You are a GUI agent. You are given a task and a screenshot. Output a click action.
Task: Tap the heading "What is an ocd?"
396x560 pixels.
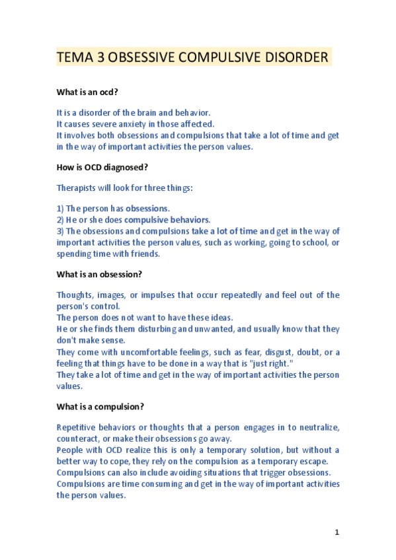click(x=87, y=92)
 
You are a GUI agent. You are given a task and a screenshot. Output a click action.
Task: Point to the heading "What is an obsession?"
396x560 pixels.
click(x=99, y=273)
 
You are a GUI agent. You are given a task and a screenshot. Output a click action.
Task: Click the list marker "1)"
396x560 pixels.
click(x=60, y=209)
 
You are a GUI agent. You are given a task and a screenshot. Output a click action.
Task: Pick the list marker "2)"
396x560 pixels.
click(x=60, y=220)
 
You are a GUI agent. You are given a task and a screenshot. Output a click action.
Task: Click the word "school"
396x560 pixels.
click(x=305, y=242)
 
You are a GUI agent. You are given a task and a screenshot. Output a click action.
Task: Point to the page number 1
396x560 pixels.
click(x=337, y=532)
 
